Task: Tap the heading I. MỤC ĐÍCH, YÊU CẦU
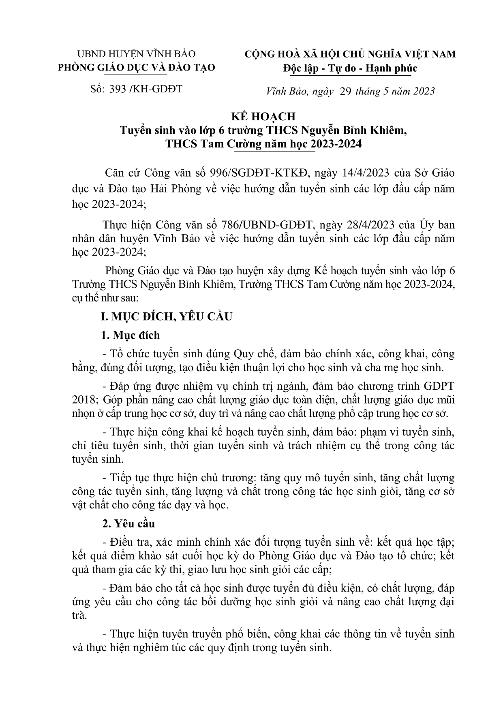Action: click(167, 317)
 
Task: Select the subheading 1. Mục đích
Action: click(131, 335)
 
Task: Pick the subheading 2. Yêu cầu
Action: click(128, 524)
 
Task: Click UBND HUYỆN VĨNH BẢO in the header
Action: click(136, 54)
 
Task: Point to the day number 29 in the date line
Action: click(346, 91)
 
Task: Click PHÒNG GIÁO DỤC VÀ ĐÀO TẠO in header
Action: click(136, 68)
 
